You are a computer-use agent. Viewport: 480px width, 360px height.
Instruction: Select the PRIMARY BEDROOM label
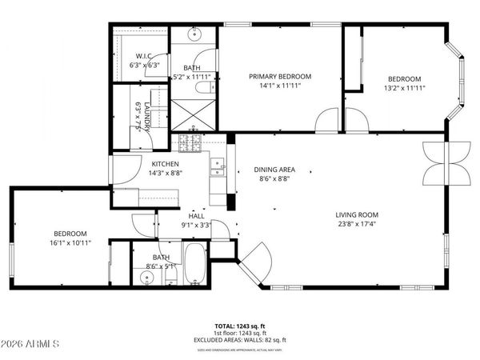tap(280, 76)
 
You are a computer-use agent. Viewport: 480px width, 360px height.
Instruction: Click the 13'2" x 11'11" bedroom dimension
tap(405, 87)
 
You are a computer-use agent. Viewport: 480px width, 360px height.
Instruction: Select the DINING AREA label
tap(275, 170)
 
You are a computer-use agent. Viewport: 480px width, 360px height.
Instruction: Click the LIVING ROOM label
tap(357, 214)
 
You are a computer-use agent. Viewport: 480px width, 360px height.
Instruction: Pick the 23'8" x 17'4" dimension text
tap(357, 225)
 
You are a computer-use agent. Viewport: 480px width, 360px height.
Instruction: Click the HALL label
tap(196, 215)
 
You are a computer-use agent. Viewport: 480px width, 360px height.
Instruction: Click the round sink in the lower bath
tap(146, 278)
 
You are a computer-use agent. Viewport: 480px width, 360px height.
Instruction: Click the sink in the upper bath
tap(195, 34)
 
